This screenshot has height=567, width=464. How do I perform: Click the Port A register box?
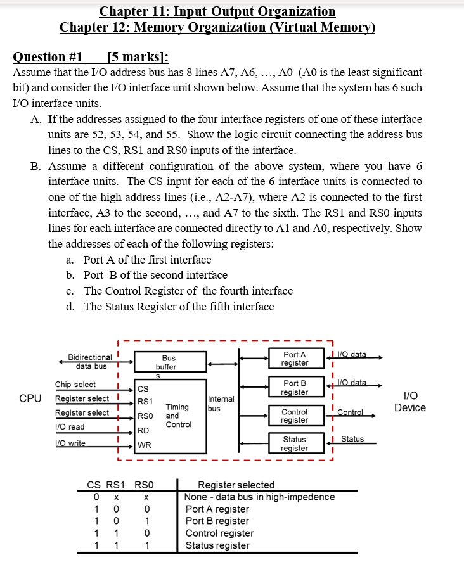(x=295, y=359)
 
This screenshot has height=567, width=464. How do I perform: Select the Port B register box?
(x=295, y=387)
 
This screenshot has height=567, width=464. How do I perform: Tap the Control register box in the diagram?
(x=295, y=416)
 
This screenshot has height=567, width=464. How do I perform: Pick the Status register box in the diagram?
(x=295, y=443)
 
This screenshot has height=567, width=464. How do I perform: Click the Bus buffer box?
(x=169, y=362)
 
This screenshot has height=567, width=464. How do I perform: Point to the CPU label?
(x=30, y=398)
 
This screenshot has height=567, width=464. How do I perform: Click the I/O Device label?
(x=409, y=402)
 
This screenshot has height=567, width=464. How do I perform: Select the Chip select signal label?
(x=75, y=385)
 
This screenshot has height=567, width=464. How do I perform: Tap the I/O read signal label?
(x=70, y=427)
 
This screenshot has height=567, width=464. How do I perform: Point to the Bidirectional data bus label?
(x=90, y=362)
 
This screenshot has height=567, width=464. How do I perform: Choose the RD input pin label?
(x=144, y=431)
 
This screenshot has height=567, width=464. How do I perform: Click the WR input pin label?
(x=145, y=445)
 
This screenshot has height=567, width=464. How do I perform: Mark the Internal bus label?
(x=221, y=404)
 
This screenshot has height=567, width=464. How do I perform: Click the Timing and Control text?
(x=177, y=416)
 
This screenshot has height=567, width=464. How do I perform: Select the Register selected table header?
(x=236, y=485)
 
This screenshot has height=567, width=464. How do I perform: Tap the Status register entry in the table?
(x=217, y=545)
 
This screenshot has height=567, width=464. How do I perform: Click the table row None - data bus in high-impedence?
(x=259, y=497)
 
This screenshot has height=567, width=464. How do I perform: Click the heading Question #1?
(x=48, y=57)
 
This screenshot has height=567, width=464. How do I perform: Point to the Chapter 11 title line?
(x=217, y=11)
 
